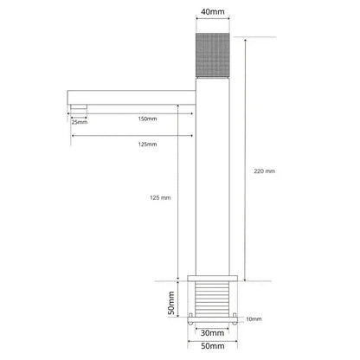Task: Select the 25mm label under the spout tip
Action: [x=79, y=122]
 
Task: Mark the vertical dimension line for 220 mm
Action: [x=244, y=164]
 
